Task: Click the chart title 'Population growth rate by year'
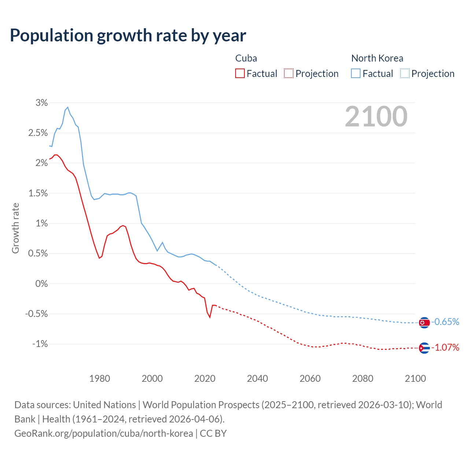click(x=128, y=36)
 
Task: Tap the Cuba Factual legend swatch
click(x=240, y=73)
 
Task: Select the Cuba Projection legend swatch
click(x=289, y=73)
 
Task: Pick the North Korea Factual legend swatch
click(x=355, y=73)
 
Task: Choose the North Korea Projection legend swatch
click(x=405, y=73)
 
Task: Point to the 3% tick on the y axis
click(x=42, y=103)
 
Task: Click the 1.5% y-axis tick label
click(x=38, y=193)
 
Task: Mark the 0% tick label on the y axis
click(x=41, y=284)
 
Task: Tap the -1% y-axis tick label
click(x=40, y=344)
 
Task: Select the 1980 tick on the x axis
click(x=100, y=378)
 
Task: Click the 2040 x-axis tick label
click(x=257, y=378)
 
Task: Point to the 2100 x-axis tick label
click(x=415, y=378)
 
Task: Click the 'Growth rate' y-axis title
click(x=15, y=228)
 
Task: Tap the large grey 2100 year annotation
click(x=376, y=117)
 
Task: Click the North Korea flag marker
click(x=424, y=322)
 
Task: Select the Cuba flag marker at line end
click(x=424, y=348)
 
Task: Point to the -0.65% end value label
click(x=445, y=322)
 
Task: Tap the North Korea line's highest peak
click(x=68, y=107)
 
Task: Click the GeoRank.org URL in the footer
click(x=104, y=433)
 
